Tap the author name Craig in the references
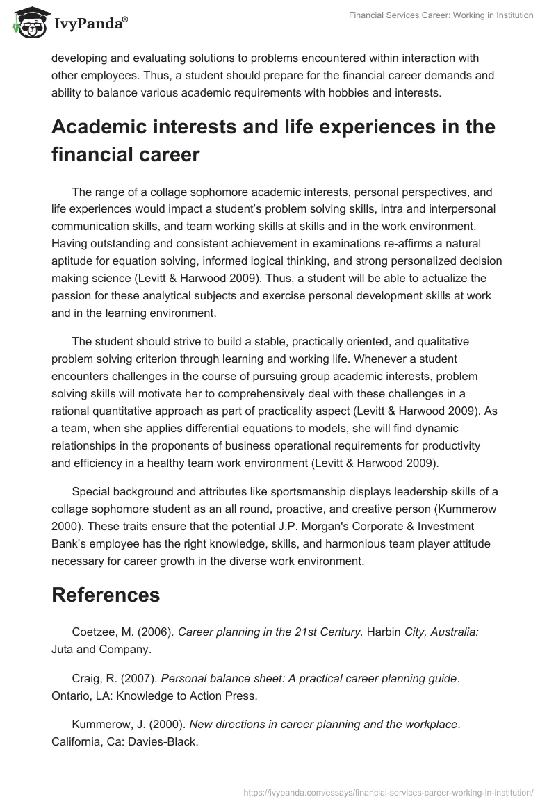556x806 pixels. click(85, 677)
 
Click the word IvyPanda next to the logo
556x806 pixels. click(90, 25)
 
